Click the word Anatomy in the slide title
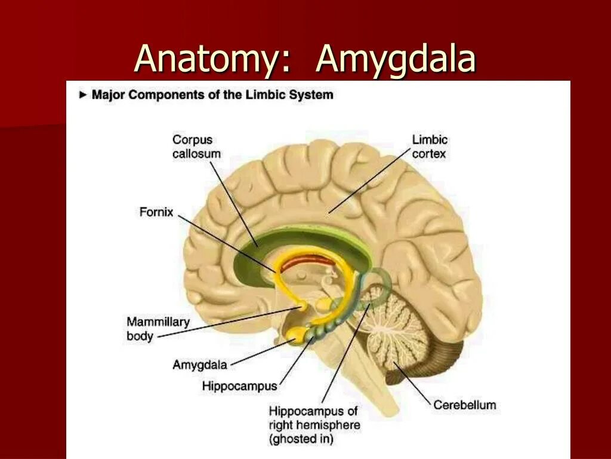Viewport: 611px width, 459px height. tap(206, 60)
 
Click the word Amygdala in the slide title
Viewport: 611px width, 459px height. tap(396, 60)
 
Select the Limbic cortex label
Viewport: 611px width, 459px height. tap(430, 146)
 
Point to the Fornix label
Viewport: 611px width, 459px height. tap(156, 212)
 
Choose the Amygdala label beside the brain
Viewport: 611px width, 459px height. tap(200, 365)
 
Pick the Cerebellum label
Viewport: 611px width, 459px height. tap(464, 405)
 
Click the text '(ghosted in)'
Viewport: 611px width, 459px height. tap(301, 439)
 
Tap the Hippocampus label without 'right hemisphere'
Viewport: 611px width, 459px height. tap(239, 385)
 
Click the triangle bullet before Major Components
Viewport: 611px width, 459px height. tap(83, 94)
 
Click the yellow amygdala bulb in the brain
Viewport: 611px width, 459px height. tap(295, 336)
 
